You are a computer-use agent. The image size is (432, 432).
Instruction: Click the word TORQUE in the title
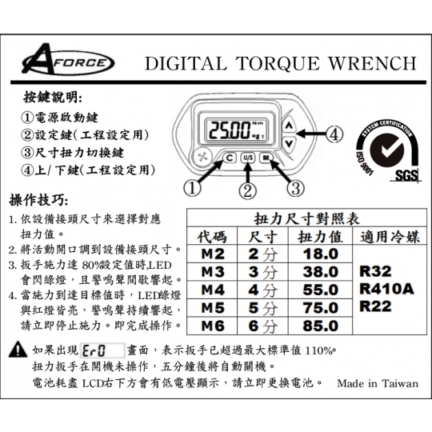coord(278,64)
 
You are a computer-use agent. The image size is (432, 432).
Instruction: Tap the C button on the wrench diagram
coord(230,158)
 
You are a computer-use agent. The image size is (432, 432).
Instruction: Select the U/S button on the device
coord(248,158)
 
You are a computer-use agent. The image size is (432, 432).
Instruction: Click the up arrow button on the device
coord(289,126)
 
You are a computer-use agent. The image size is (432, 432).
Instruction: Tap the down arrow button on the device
coord(289,143)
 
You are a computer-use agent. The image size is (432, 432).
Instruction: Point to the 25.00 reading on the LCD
coord(230,130)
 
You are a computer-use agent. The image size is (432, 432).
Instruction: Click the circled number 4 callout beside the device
coord(334,134)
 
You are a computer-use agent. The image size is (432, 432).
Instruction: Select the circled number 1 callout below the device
coord(192,189)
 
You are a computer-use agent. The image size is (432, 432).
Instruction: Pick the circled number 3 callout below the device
coord(296,189)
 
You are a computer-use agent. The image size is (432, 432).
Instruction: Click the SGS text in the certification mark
coord(406,175)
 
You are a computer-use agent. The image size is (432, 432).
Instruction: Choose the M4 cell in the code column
coord(213,290)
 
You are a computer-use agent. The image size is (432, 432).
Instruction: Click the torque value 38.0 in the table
coord(321,272)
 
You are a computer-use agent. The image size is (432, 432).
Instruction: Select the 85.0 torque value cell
coord(321,326)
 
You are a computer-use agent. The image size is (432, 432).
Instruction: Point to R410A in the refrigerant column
coord(387,289)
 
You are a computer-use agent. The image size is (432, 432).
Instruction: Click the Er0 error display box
coord(102,351)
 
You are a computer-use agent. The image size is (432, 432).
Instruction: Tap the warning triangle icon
coord(18,350)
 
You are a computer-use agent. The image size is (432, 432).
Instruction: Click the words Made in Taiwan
coord(378,383)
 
